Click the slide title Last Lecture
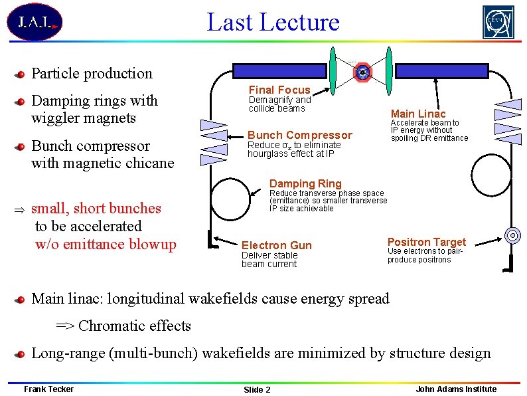[x=273, y=22]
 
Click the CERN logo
[x=498, y=23]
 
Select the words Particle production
[x=92, y=74]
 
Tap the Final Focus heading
[x=279, y=90]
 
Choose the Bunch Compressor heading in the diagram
[x=299, y=135]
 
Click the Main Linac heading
[x=418, y=114]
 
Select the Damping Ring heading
[x=305, y=183]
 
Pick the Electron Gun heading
[x=276, y=245]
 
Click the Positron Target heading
[x=426, y=242]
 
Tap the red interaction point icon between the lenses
[x=362, y=71]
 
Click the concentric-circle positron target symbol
[x=512, y=235]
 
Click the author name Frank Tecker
[x=48, y=389]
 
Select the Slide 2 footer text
[x=257, y=389]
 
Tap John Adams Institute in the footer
[x=456, y=389]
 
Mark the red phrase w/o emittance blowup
[x=106, y=245]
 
